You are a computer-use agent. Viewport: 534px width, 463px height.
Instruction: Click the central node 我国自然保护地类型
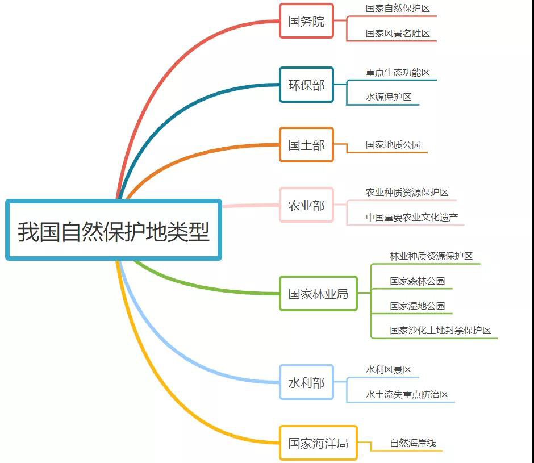[x=114, y=230]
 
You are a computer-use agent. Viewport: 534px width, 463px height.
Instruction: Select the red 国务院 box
[x=306, y=21]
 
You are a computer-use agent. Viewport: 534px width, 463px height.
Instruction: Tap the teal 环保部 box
[x=306, y=85]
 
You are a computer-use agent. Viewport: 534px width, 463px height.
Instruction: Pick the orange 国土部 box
[x=306, y=145]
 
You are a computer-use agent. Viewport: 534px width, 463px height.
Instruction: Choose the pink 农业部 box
[x=306, y=205]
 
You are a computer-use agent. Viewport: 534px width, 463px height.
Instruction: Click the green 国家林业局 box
[x=318, y=294]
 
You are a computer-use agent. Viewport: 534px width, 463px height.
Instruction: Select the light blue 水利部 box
[x=306, y=382]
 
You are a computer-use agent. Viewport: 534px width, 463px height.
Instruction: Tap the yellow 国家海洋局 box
[x=318, y=443]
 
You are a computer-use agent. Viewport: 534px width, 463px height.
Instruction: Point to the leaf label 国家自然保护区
[x=398, y=9]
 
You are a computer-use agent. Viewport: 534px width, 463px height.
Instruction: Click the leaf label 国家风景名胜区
[x=398, y=34]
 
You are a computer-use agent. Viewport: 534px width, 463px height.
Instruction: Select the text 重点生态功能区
[x=398, y=73]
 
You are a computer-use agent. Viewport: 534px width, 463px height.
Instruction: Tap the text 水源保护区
[x=389, y=97]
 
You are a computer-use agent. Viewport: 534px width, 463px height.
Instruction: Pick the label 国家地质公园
[x=393, y=145]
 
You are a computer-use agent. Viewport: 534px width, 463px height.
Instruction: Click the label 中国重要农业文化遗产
[x=412, y=217]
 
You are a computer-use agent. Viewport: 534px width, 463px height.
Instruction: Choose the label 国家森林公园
[x=417, y=281]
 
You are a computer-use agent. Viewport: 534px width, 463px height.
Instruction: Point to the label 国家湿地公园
[x=417, y=306]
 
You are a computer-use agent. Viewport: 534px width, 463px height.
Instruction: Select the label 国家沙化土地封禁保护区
[x=440, y=330]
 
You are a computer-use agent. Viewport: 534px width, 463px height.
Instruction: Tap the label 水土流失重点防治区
[x=407, y=394]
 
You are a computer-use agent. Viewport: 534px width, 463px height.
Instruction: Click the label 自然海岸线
[x=412, y=443]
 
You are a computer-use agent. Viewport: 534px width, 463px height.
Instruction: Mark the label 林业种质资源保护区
[x=431, y=256]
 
